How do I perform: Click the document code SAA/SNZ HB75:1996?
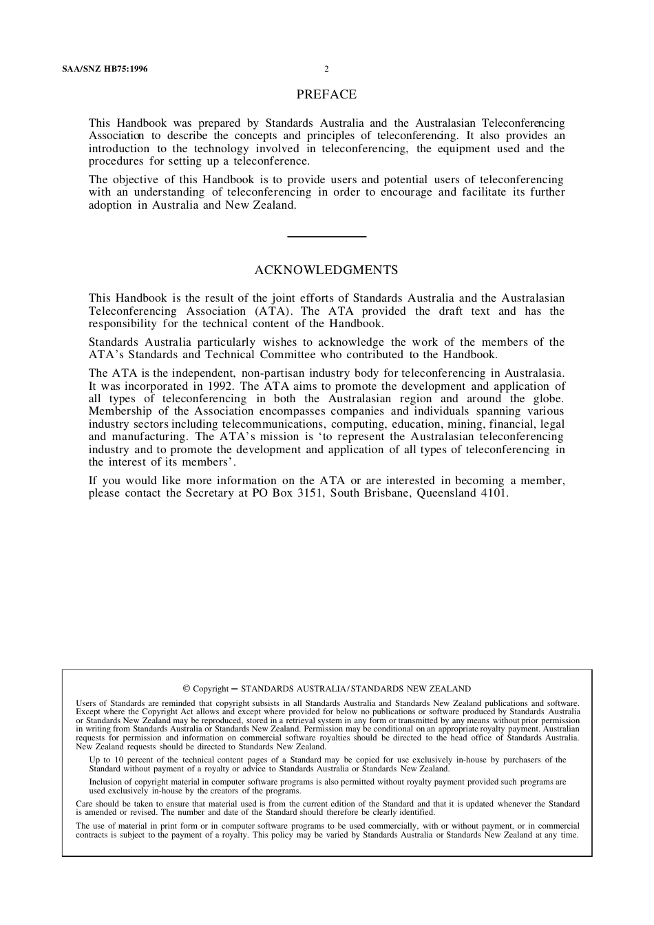click(105, 69)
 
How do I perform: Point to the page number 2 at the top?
click(326, 69)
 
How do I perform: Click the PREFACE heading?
click(326, 94)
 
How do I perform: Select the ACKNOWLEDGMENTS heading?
click(326, 270)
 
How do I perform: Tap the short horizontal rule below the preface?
click(326, 237)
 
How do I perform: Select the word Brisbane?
click(386, 493)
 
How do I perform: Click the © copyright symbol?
click(187, 688)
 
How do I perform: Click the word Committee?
click(288, 355)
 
